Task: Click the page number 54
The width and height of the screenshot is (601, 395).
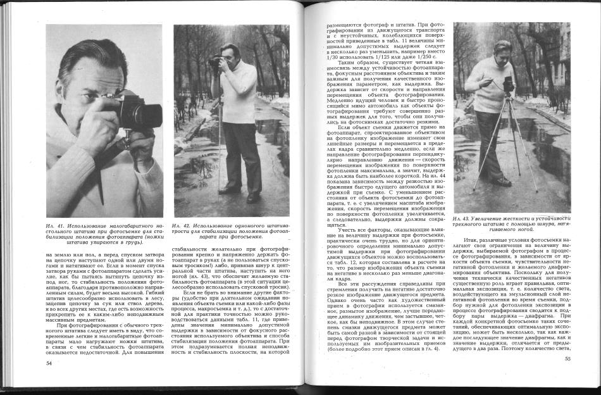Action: click(49, 363)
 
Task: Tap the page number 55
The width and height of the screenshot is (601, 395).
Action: click(567, 359)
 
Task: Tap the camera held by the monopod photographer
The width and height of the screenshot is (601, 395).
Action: click(220, 62)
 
